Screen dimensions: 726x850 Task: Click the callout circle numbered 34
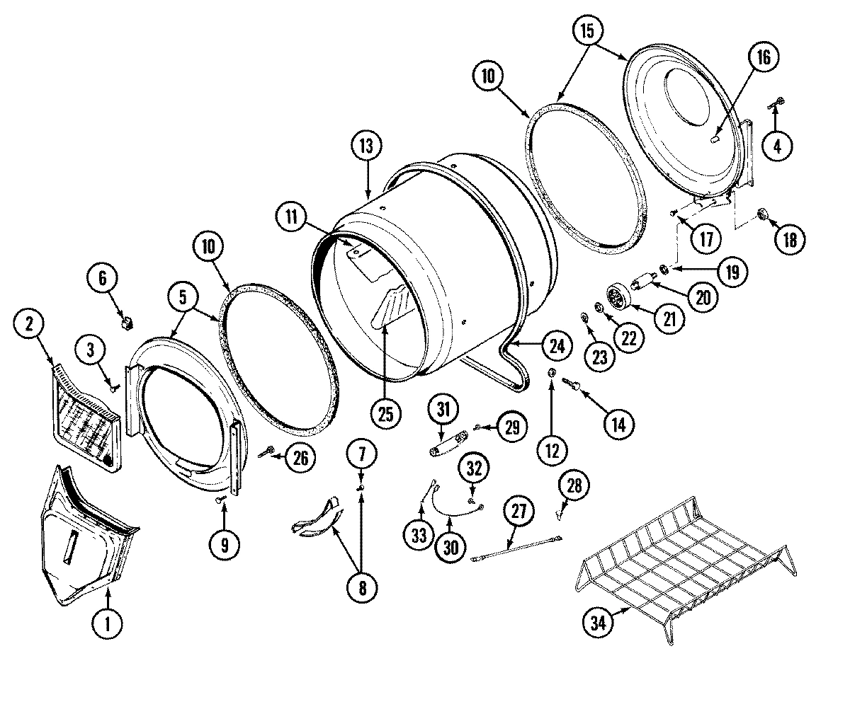click(598, 622)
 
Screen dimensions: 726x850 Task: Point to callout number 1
click(108, 623)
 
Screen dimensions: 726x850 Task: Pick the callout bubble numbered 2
click(29, 325)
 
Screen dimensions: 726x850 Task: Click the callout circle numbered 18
click(788, 238)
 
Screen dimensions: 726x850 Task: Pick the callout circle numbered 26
click(301, 458)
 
